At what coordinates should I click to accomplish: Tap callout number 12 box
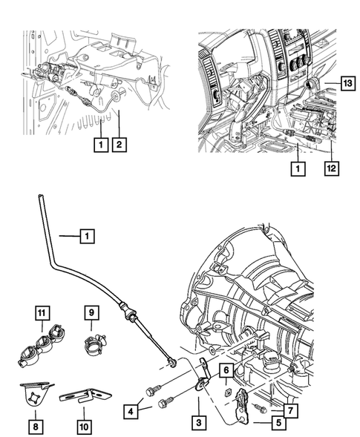coord(330,168)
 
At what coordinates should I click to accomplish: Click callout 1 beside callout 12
coord(297,168)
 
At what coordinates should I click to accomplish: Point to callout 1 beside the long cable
coord(86,237)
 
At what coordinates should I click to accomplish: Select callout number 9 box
coord(91,314)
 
